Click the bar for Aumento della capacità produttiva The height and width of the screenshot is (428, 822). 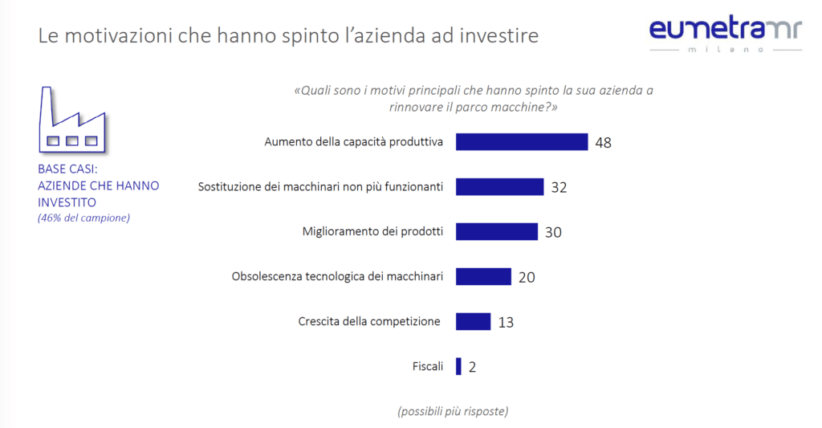tap(522, 141)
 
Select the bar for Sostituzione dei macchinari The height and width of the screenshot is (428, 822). tap(499, 186)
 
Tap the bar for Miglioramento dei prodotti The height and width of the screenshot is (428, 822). tap(496, 231)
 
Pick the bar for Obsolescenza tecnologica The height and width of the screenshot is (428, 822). tap(483, 276)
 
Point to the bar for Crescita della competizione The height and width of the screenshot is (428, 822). tap(473, 321)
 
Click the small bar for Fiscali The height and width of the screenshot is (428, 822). tap(458, 366)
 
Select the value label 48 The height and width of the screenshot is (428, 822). tap(604, 142)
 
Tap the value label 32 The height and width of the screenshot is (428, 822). tap(559, 187)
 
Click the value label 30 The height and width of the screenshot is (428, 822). tap(552, 232)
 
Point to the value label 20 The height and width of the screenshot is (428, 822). tap(527, 277)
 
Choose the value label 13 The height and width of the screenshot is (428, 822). tap(506, 322)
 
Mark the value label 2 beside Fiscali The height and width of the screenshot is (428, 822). tap(472, 367)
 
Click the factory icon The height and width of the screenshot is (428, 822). tap(72, 120)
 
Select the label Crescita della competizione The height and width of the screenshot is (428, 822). tap(369, 321)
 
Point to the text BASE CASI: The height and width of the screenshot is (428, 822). tap(67, 169)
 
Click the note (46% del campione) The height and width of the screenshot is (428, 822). tap(83, 218)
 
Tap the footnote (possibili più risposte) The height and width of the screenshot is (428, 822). tap(453, 411)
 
